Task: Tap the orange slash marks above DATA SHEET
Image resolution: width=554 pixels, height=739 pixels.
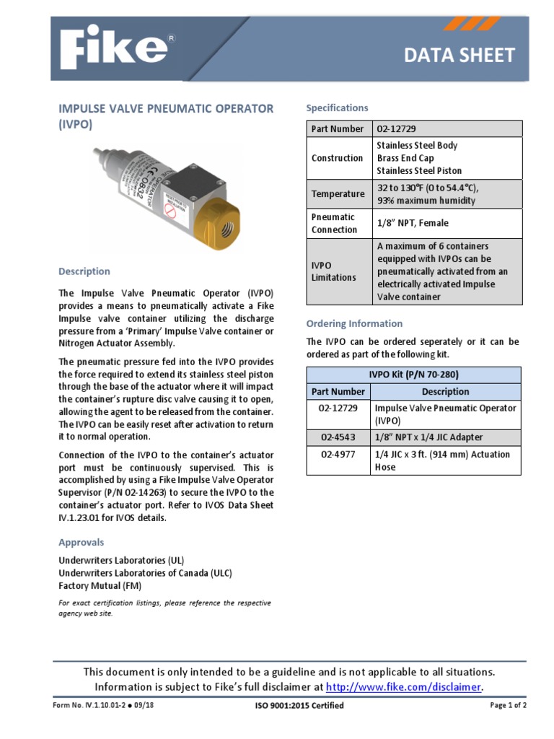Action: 472,24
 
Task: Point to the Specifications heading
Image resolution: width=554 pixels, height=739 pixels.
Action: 337,108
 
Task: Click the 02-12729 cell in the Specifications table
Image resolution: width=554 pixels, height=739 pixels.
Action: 396,128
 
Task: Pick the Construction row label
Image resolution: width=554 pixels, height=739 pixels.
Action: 337,158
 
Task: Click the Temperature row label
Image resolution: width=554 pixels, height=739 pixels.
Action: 338,194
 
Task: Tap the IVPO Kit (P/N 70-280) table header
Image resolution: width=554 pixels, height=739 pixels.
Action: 413,375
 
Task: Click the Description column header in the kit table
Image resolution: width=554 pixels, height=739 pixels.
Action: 445,392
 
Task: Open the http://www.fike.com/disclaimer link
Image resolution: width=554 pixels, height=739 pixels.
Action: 403,687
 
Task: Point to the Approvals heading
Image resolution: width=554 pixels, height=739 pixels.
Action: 81,542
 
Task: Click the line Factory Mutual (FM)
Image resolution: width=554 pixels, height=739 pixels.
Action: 100,586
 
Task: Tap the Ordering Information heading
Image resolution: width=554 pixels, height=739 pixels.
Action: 354,323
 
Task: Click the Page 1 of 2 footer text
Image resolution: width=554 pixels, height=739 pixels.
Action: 508,705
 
